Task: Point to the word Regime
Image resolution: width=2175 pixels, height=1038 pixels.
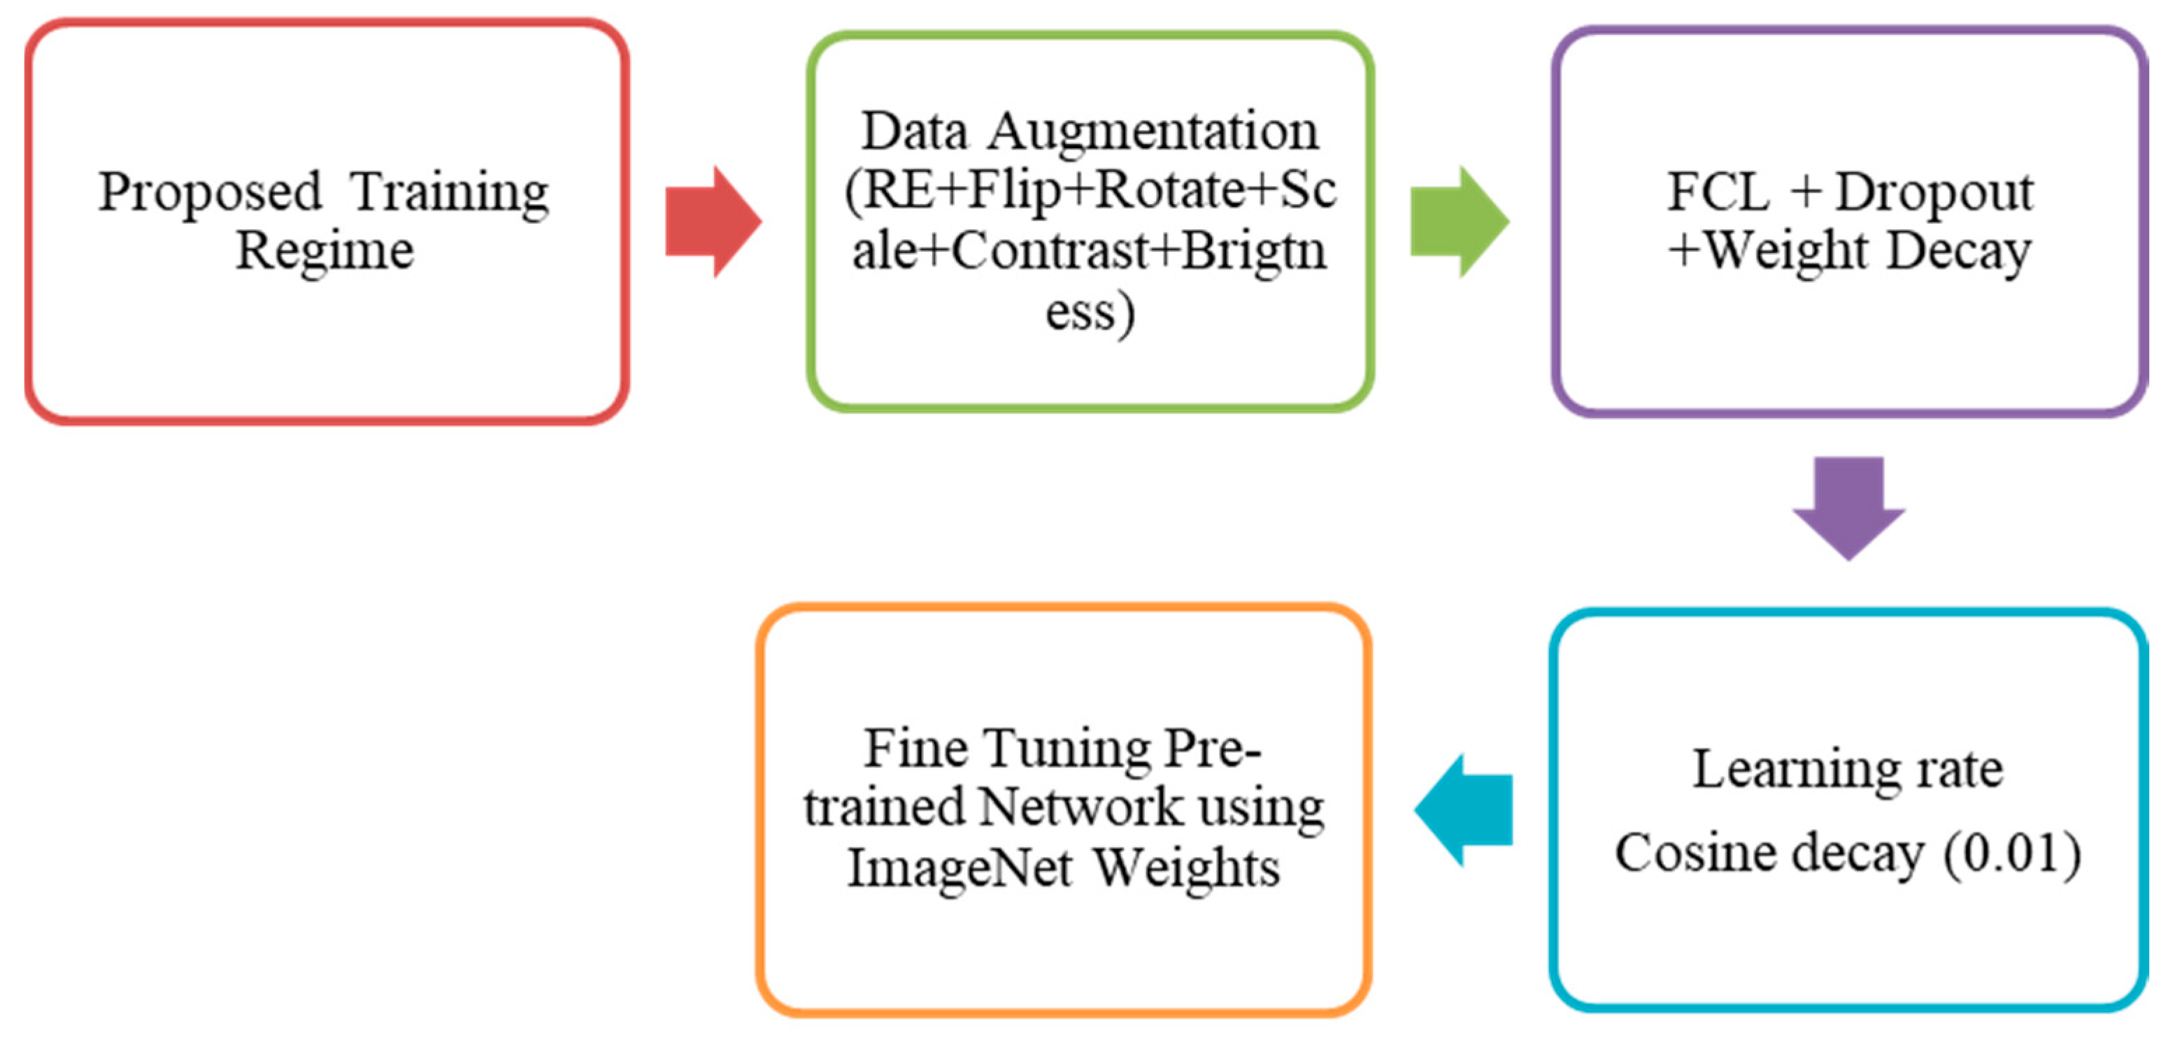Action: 325,252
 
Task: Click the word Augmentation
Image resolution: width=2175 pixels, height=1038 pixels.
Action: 1153,133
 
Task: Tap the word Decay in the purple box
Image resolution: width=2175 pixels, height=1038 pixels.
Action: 1959,252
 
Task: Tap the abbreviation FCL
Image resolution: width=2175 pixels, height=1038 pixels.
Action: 1718,192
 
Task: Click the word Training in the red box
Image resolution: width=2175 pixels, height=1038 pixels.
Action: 449,193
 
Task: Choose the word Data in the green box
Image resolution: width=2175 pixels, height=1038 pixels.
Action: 915,133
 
